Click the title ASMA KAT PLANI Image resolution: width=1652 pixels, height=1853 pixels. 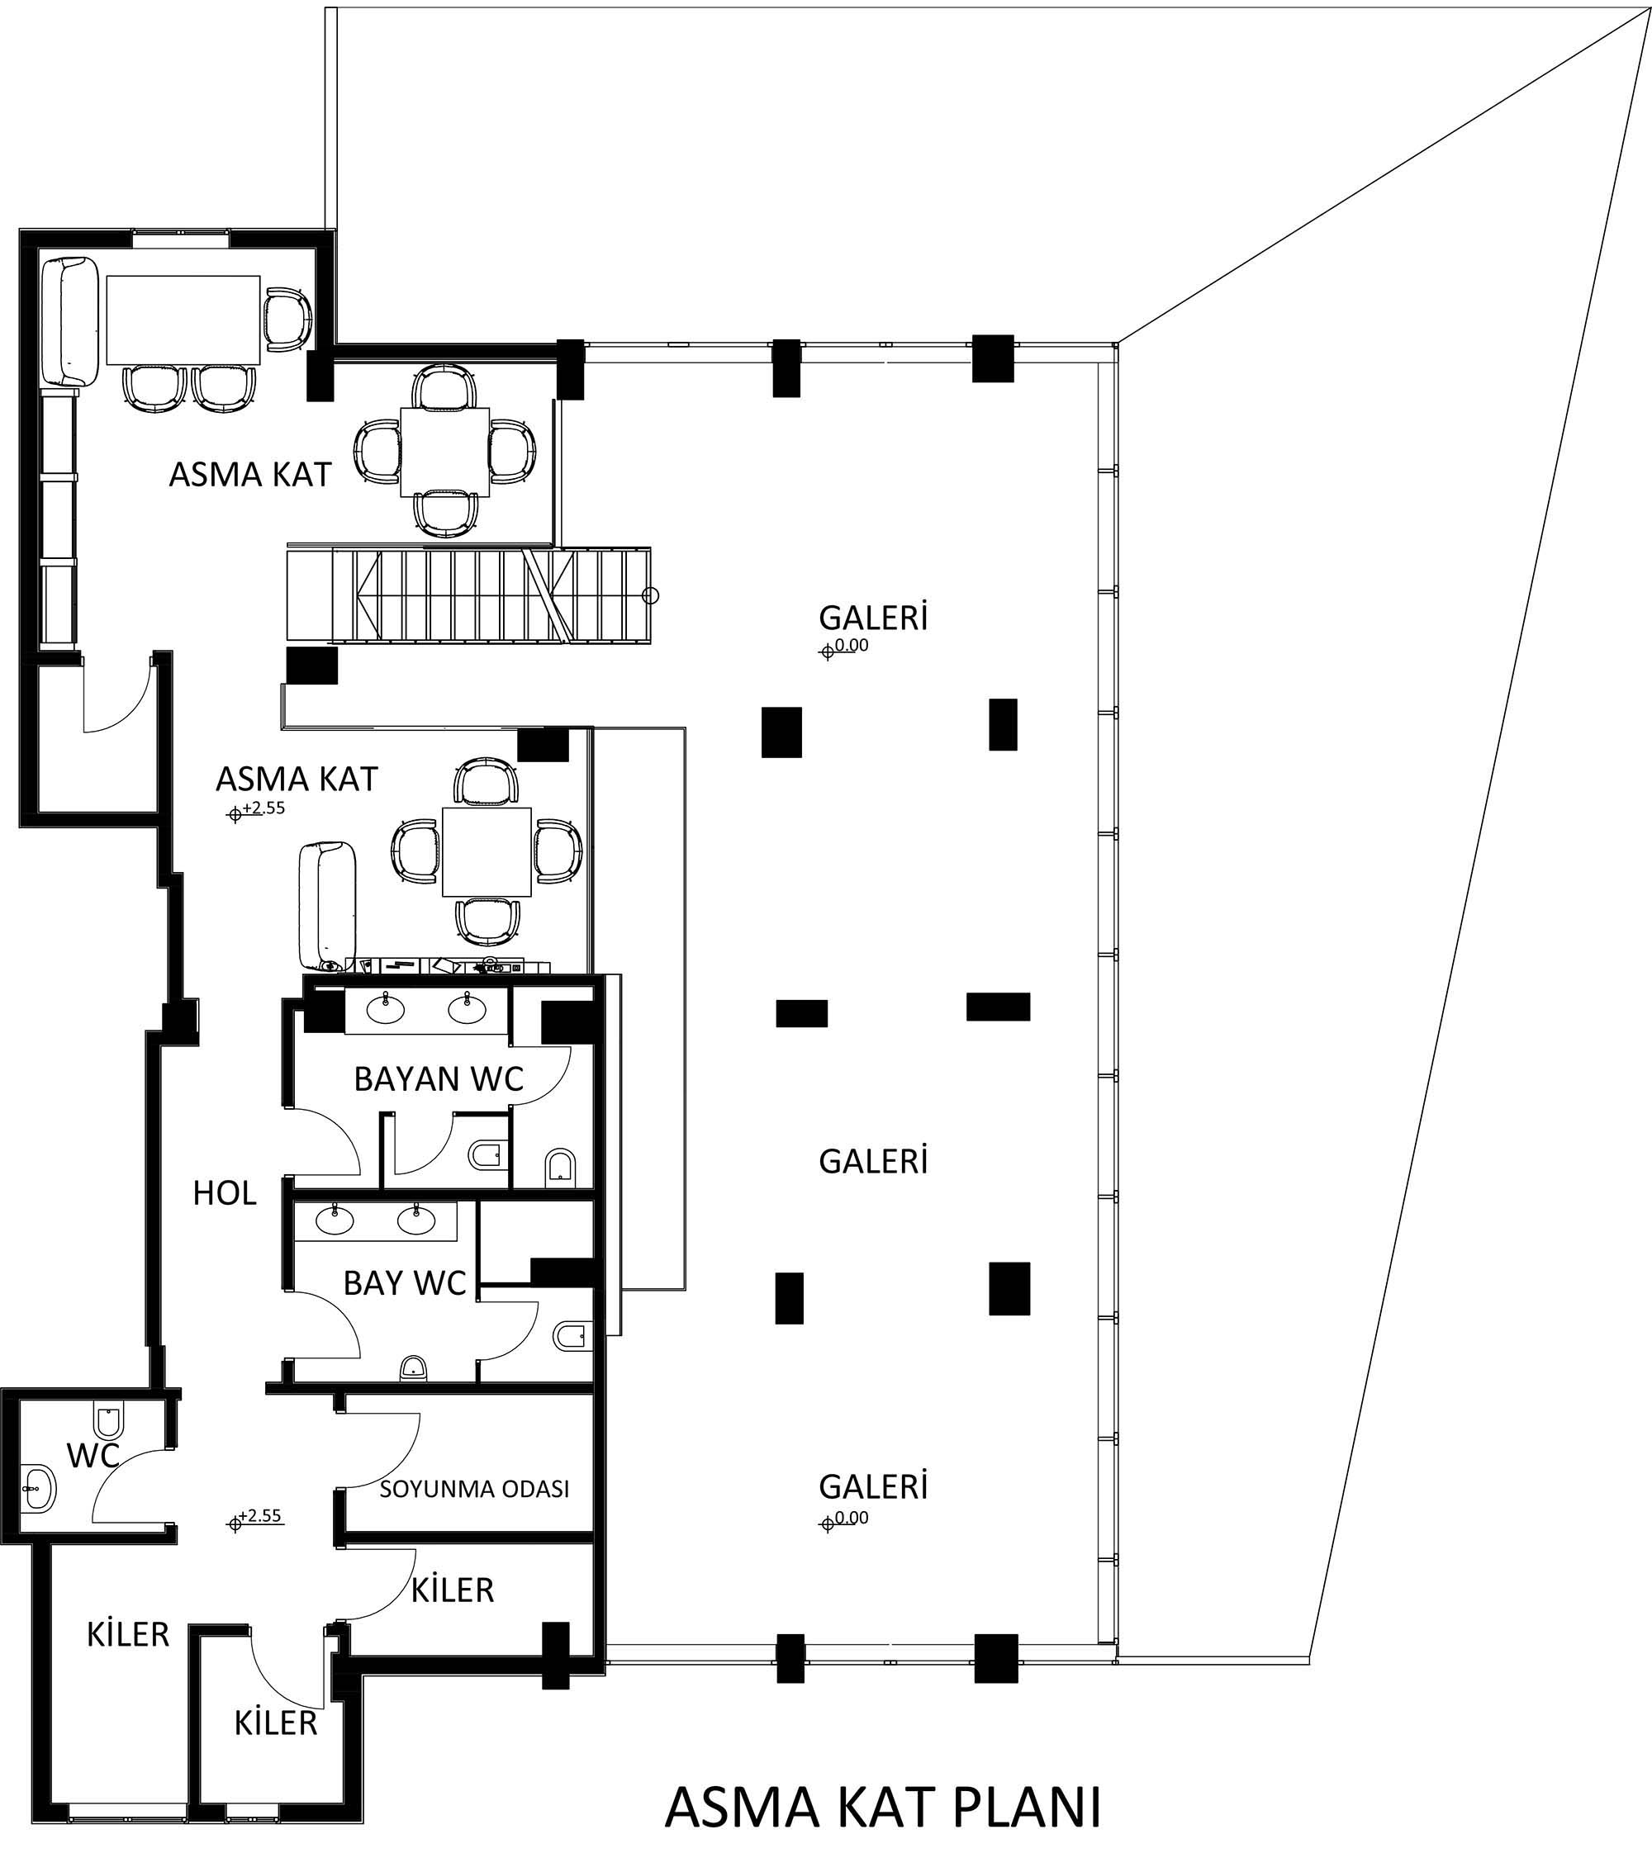[x=883, y=1807]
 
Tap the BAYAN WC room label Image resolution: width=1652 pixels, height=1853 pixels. [x=439, y=1079]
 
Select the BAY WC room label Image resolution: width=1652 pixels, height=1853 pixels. [x=404, y=1283]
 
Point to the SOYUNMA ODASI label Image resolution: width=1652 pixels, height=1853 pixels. [x=474, y=1489]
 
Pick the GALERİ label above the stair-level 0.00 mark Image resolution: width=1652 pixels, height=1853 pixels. [x=873, y=618]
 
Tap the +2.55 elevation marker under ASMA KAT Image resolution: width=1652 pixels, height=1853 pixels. [x=256, y=809]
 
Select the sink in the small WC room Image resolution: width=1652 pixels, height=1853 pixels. [x=38, y=1489]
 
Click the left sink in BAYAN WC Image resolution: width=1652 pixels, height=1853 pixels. [x=386, y=1007]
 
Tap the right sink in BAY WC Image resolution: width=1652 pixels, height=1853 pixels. [x=415, y=1222]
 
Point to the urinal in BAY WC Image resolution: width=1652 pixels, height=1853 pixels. [x=413, y=1367]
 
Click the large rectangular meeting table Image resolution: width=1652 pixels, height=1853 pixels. [x=183, y=320]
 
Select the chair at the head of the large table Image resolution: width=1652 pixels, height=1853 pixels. [x=287, y=320]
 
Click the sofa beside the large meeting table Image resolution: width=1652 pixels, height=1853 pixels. [x=71, y=321]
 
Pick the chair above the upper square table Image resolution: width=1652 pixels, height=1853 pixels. [x=444, y=387]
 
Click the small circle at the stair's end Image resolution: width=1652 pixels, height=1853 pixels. [x=650, y=595]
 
